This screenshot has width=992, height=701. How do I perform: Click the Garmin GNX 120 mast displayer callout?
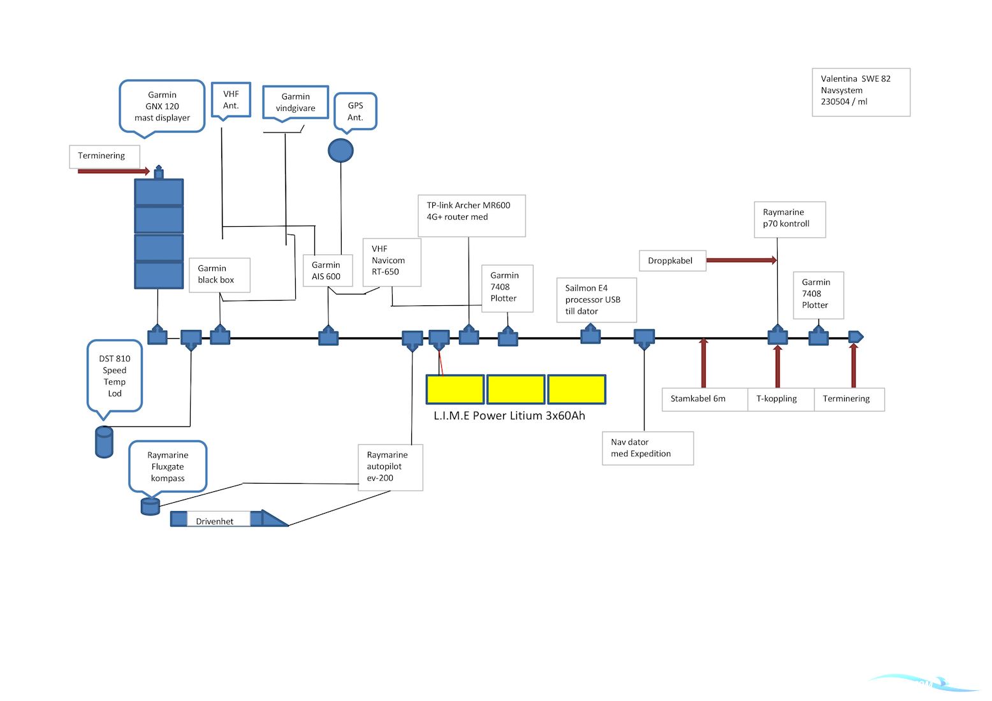pos(162,106)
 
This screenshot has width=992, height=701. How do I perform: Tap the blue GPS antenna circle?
pos(340,151)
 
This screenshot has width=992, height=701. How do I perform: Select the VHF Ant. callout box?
pos(231,100)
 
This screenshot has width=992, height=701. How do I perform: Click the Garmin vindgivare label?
pos(295,103)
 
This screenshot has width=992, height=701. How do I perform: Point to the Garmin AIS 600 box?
pos(328,271)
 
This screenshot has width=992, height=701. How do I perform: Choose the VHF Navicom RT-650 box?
pos(391,261)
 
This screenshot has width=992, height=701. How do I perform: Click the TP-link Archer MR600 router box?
pos(471,215)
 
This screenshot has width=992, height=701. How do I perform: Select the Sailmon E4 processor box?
pos(596,300)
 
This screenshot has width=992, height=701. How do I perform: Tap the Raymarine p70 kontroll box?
pos(789,219)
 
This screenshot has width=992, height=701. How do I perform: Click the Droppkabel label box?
pos(672,261)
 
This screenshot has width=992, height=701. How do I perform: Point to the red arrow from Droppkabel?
pos(741,260)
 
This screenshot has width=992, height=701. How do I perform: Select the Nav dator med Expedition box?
pos(647,448)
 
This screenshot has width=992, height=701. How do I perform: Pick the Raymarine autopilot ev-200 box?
pos(390,467)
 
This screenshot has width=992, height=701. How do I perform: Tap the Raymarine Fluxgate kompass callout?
pos(168,466)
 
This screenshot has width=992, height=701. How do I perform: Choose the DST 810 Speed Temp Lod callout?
pos(115,376)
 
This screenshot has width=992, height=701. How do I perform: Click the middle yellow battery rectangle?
pos(515,389)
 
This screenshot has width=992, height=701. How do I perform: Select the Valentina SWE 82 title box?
pos(861,92)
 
